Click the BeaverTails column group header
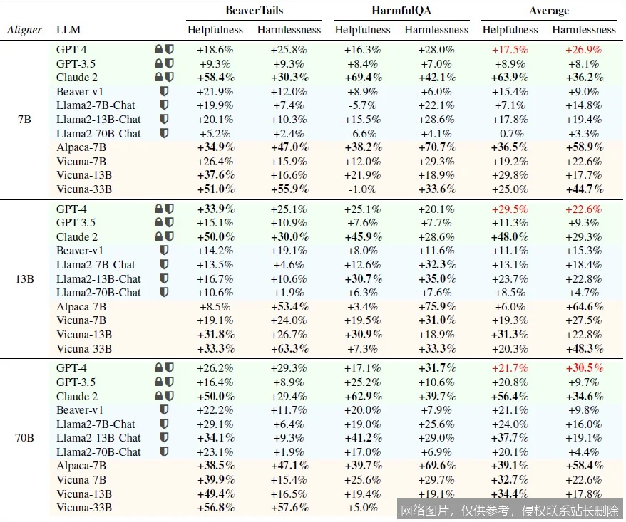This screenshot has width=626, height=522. (255, 11)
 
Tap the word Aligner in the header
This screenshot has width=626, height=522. (24, 30)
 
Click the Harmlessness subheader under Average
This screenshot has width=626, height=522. (583, 30)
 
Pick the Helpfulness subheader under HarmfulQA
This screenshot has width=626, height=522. (362, 30)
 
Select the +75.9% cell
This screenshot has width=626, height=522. (436, 307)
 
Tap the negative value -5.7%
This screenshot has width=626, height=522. (362, 105)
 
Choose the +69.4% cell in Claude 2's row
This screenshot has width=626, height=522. (362, 78)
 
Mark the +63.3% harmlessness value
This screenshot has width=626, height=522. (289, 349)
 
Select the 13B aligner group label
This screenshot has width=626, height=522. (24, 279)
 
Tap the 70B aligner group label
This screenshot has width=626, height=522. (24, 438)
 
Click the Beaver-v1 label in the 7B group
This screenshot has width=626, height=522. (80, 92)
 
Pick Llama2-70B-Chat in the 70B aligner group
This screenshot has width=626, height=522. (98, 452)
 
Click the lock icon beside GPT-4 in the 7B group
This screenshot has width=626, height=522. (158, 50)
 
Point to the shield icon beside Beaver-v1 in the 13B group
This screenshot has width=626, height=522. (165, 251)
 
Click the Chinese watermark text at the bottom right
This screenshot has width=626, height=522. (509, 510)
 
